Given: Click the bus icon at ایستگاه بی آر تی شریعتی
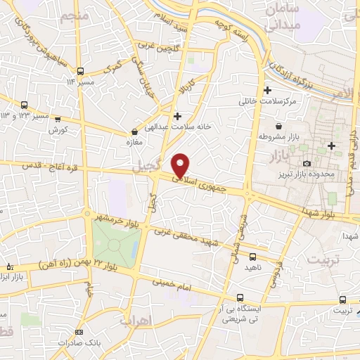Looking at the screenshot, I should (240, 297).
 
